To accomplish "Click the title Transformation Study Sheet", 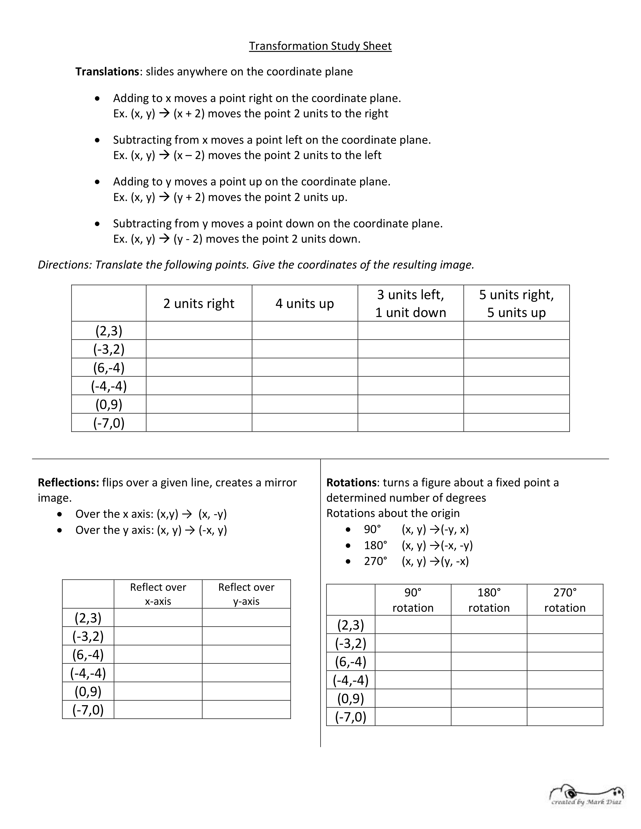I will tap(320, 46).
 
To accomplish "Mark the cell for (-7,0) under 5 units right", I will tap(517, 423).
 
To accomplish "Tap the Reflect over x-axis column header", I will tap(158, 594).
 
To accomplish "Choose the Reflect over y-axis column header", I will tap(246, 594).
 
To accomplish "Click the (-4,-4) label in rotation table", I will tap(350, 680).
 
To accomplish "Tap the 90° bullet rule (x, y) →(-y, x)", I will tap(435, 529).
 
